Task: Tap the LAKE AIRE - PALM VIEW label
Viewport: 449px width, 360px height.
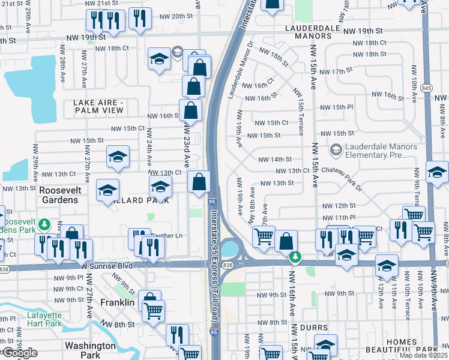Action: pos(98,107)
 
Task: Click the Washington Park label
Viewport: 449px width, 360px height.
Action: pos(90,350)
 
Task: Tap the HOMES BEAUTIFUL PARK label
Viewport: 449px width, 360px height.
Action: pos(411,346)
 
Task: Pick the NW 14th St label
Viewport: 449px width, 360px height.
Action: pos(275,160)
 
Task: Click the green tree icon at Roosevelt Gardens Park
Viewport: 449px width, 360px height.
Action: pos(44,225)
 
